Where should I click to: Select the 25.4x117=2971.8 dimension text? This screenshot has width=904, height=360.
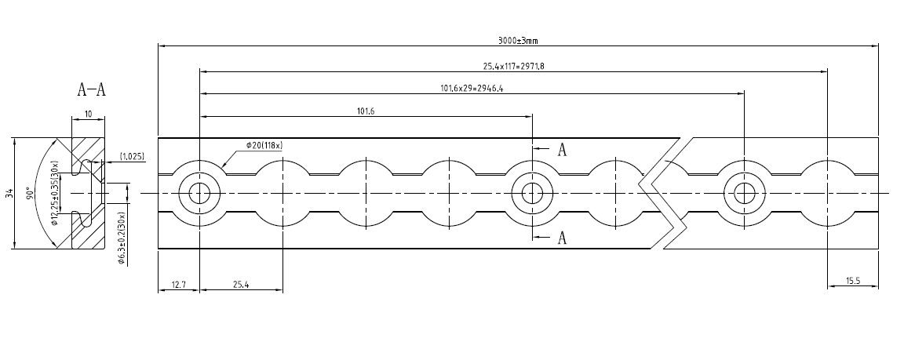coord(513,67)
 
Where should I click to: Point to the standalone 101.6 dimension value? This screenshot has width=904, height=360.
coord(366,111)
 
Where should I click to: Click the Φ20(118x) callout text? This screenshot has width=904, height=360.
coord(263,145)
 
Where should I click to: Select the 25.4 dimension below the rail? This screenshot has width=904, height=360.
coord(241,285)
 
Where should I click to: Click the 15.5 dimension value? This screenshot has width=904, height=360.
coord(853,281)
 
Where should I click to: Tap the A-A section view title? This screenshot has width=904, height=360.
coord(91,89)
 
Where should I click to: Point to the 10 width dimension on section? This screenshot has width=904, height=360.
coord(88,115)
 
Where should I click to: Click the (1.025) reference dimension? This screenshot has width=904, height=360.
coord(131,157)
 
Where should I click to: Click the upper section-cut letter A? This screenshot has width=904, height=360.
coord(562,150)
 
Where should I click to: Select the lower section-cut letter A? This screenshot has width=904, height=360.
coord(562,238)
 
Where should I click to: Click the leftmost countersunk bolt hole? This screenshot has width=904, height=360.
coord(199,193)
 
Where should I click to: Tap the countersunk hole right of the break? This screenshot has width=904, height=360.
coord(743,193)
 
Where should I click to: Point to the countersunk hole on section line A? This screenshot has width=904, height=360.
coord(531,193)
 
